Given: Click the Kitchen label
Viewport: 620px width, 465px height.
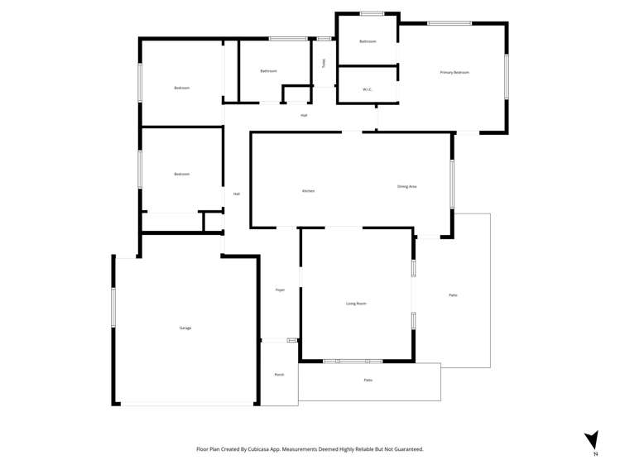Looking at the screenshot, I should (x=308, y=191).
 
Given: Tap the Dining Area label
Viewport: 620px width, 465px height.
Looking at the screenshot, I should (x=406, y=186).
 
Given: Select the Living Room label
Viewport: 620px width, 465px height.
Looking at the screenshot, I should (x=356, y=304).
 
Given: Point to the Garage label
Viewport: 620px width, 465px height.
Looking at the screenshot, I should (x=185, y=328).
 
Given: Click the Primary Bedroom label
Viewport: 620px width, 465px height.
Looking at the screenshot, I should (x=454, y=73).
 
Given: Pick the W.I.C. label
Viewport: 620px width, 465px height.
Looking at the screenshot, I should (x=368, y=89).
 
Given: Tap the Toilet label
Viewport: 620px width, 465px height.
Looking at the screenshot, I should (x=324, y=63).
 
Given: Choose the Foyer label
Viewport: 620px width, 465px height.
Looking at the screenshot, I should (x=280, y=290).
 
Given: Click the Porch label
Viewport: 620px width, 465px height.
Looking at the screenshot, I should (x=279, y=375).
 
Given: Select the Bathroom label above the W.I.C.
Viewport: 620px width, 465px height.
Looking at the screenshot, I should (x=368, y=41).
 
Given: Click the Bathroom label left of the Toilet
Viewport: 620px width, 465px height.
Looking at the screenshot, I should (x=268, y=71).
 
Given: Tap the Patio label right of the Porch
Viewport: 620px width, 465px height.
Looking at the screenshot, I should (x=368, y=380).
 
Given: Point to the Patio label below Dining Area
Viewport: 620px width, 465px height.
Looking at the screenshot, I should (x=453, y=295).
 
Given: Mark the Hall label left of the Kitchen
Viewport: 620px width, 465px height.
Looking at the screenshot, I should (x=236, y=194).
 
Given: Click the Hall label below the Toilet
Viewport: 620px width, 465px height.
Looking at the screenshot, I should (x=304, y=115).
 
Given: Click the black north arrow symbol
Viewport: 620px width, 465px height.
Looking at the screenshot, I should (x=591, y=439).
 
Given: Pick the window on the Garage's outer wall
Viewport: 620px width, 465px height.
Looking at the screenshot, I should (x=113, y=307).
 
